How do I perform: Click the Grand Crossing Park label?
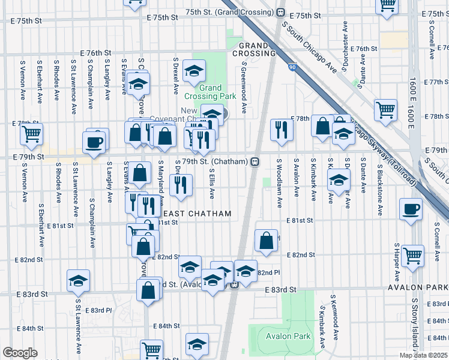click(x=210, y=92)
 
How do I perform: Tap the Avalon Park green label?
click(x=289, y=336)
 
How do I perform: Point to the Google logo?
click(x=19, y=353)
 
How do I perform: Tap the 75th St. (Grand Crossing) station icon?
click(x=280, y=12)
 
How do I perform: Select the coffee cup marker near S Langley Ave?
click(x=96, y=143)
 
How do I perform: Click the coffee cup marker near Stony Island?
click(x=411, y=210)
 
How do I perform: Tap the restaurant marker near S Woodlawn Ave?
click(x=281, y=130)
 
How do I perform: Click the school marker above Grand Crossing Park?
click(x=194, y=73)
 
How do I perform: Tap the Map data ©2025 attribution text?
click(x=423, y=355)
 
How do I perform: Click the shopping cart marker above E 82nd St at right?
click(x=412, y=256)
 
